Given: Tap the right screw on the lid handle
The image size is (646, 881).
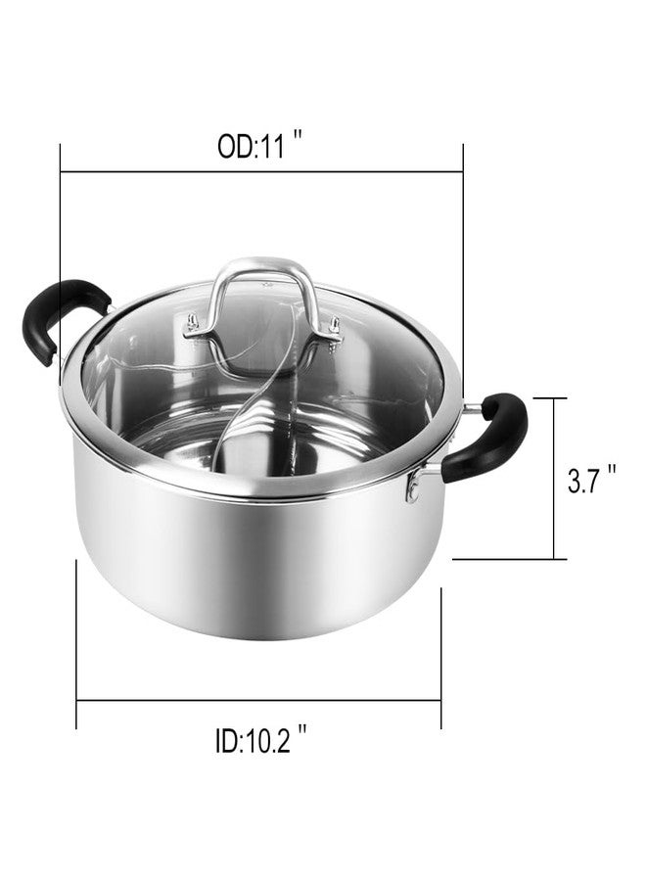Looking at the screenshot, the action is point(335,326).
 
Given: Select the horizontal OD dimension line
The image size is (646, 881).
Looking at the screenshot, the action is point(261,170).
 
